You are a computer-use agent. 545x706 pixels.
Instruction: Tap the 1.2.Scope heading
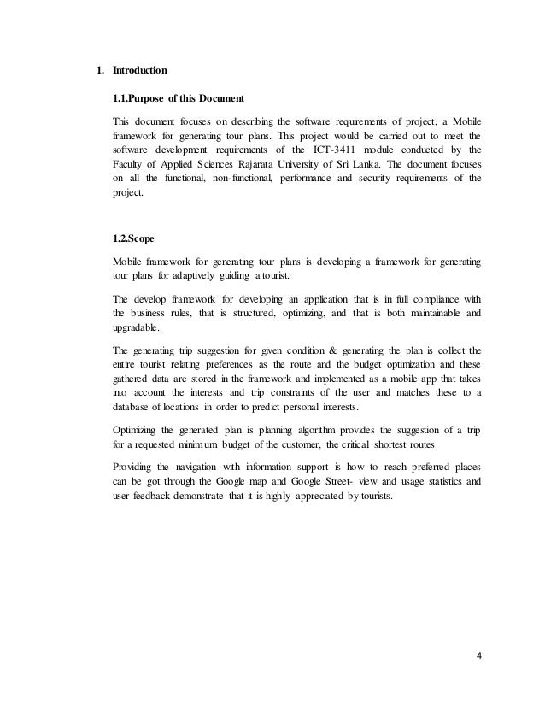(x=129, y=238)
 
